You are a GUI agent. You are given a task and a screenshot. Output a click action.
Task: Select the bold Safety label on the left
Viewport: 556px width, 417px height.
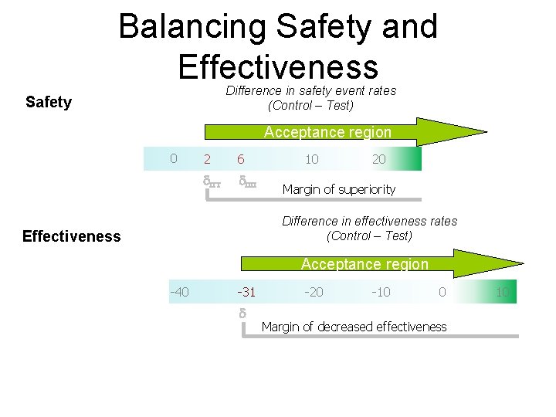tap(49, 102)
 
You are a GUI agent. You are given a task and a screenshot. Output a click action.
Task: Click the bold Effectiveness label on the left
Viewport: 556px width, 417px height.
tap(72, 236)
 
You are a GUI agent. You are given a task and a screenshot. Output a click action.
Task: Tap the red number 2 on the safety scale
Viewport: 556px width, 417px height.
tap(206, 159)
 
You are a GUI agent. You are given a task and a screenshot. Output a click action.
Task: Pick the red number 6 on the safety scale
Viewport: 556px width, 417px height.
tap(241, 159)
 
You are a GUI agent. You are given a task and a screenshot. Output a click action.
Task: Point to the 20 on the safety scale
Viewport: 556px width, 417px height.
tap(379, 159)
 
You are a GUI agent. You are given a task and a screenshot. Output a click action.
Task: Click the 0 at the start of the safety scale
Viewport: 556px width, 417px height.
tap(174, 158)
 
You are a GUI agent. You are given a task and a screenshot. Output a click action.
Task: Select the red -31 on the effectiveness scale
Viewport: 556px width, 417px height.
tap(246, 292)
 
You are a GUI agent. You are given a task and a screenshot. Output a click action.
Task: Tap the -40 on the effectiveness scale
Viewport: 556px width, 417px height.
tap(180, 291)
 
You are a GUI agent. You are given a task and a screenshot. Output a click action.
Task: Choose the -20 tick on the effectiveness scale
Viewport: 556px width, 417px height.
tap(313, 292)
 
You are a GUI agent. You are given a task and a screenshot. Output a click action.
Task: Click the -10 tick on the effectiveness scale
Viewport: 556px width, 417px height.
tap(380, 292)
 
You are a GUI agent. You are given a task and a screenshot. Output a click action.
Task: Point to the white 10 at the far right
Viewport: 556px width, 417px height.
tap(502, 292)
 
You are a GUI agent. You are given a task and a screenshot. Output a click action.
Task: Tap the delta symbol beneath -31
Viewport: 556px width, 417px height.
tap(242, 314)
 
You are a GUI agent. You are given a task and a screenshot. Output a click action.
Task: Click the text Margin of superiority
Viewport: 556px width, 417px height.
tap(338, 189)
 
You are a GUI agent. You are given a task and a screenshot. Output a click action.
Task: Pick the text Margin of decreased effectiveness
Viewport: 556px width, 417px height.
tap(354, 327)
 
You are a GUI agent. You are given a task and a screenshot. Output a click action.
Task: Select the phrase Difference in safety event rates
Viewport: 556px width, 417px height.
tap(310, 91)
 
